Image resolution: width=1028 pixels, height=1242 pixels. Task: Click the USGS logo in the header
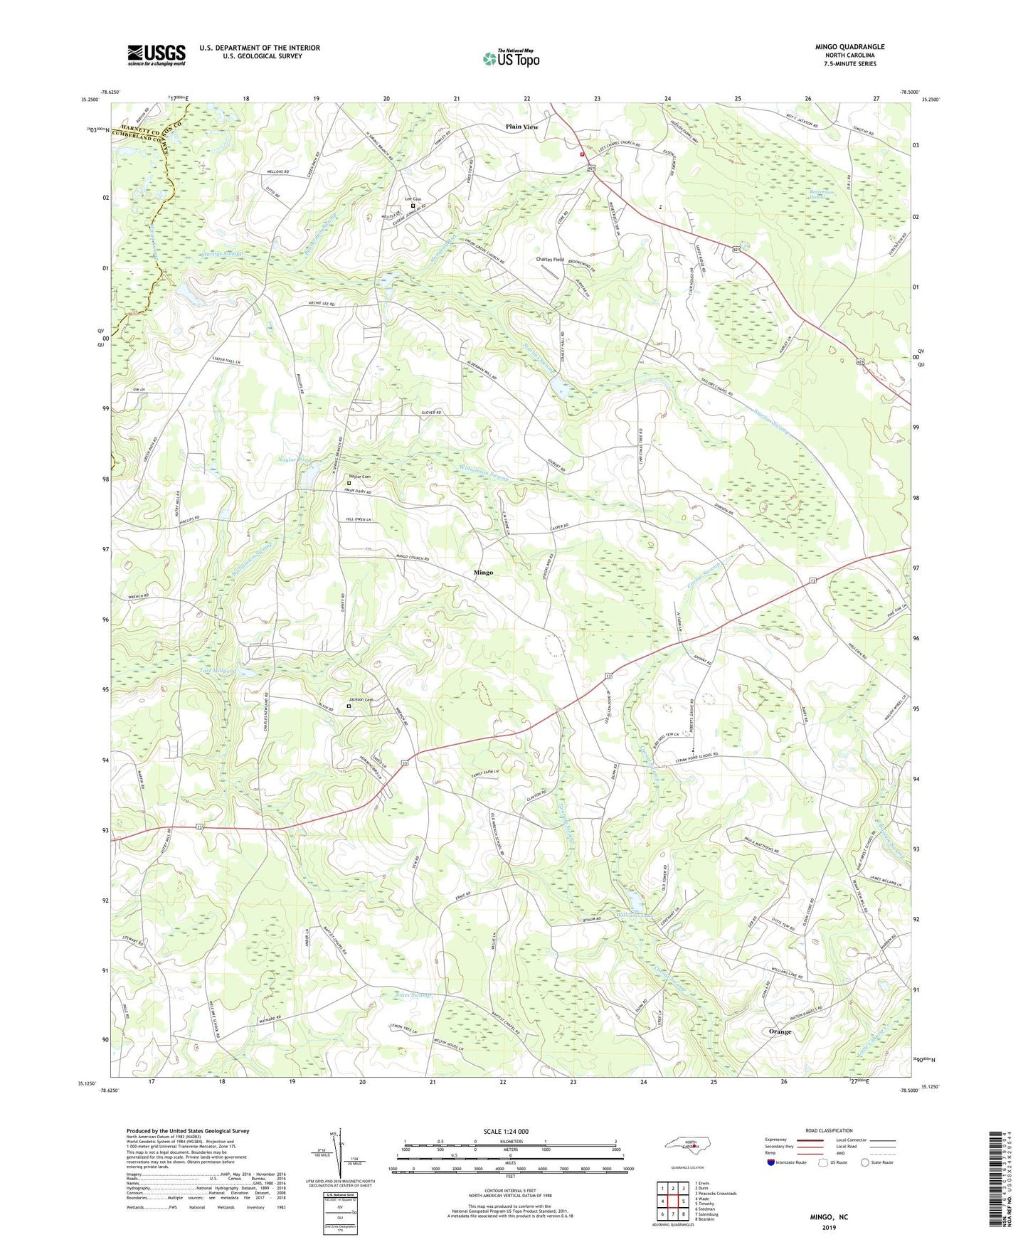coord(157,55)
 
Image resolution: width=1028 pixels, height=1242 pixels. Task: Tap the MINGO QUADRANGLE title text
coord(849,47)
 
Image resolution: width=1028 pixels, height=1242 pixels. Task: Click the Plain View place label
coord(521,127)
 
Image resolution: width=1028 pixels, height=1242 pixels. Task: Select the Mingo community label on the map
coord(483,572)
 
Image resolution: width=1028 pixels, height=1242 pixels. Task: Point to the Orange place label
coord(780,1031)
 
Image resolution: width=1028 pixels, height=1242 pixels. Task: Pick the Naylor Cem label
coord(359,477)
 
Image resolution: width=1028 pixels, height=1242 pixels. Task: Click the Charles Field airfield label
coord(550,260)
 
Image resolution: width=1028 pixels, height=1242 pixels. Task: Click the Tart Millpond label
coord(218,671)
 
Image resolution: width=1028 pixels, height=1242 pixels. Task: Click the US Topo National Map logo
coord(510,58)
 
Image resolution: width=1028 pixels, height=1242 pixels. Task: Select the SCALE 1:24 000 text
coord(509,1132)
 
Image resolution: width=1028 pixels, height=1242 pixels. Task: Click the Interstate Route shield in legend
coord(771,1162)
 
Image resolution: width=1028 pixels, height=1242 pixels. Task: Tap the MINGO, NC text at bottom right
coord(829,1217)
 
